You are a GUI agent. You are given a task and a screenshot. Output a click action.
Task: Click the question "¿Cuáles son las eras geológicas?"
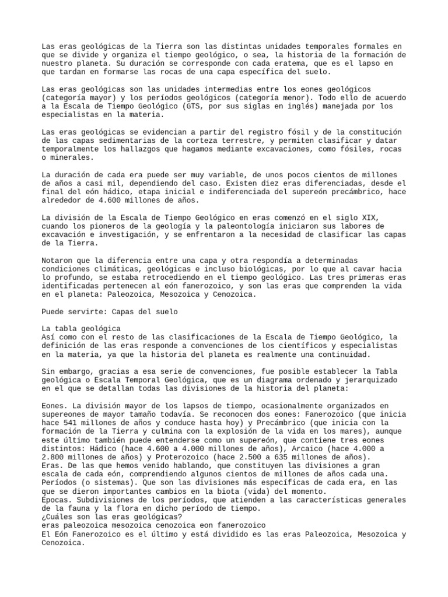pos(111,517)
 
